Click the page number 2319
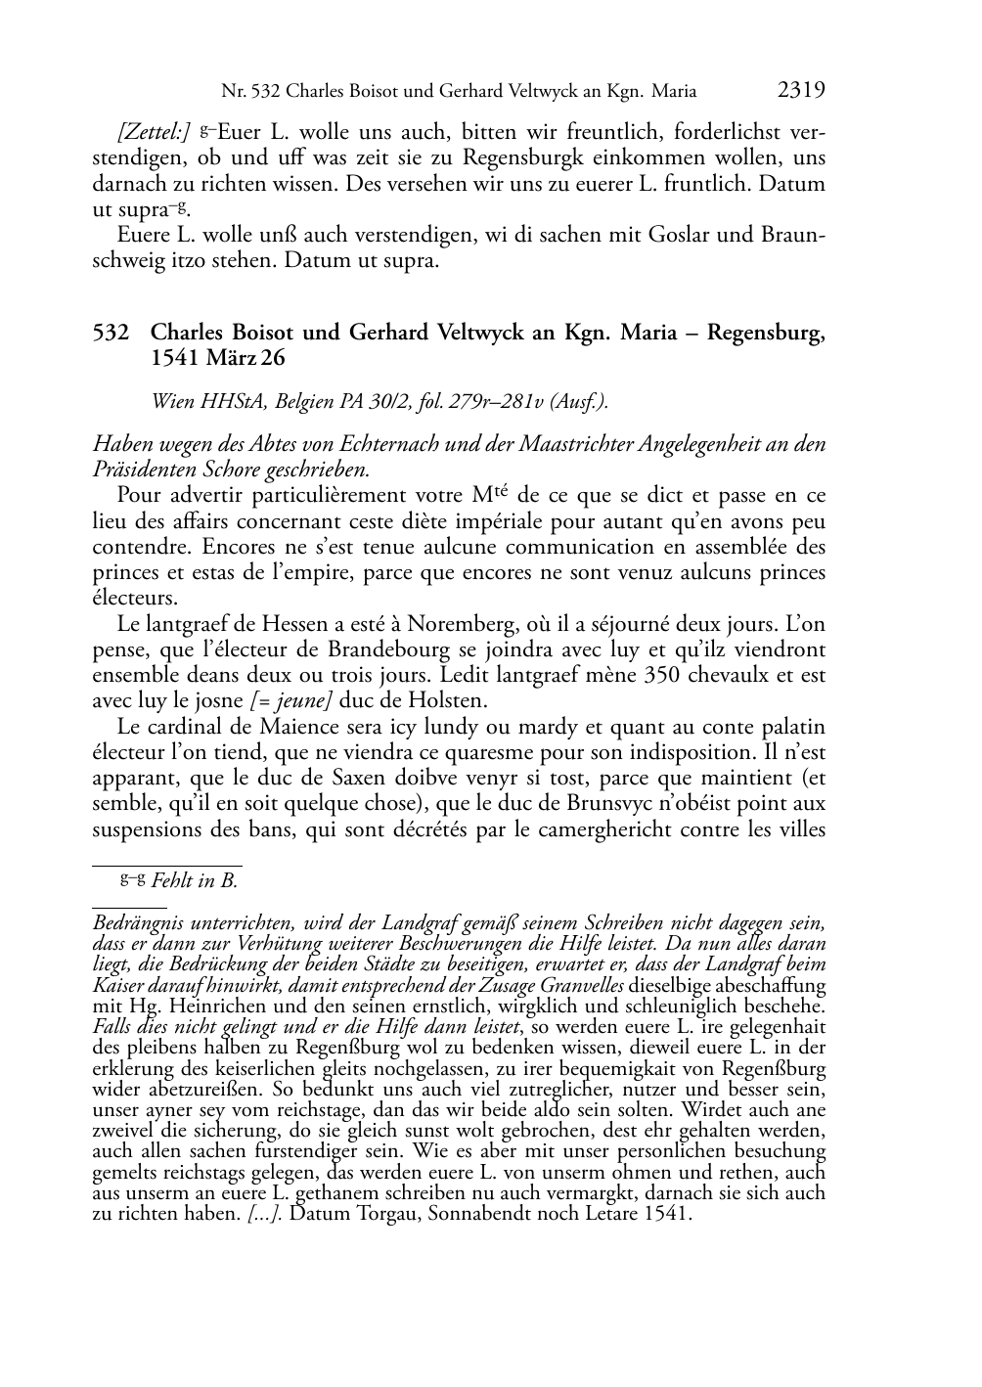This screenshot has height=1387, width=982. (801, 91)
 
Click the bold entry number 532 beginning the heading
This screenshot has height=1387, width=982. (111, 333)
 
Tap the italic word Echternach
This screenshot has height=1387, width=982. (390, 444)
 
